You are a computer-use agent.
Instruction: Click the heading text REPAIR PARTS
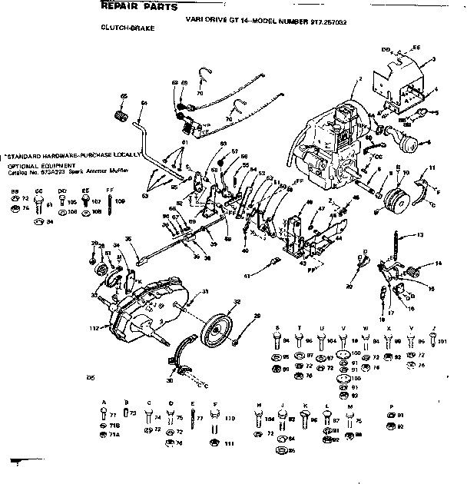(x=139, y=6)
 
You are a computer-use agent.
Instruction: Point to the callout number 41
(x=247, y=274)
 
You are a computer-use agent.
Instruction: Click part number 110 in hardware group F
(x=229, y=419)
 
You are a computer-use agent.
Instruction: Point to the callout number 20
(x=349, y=286)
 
